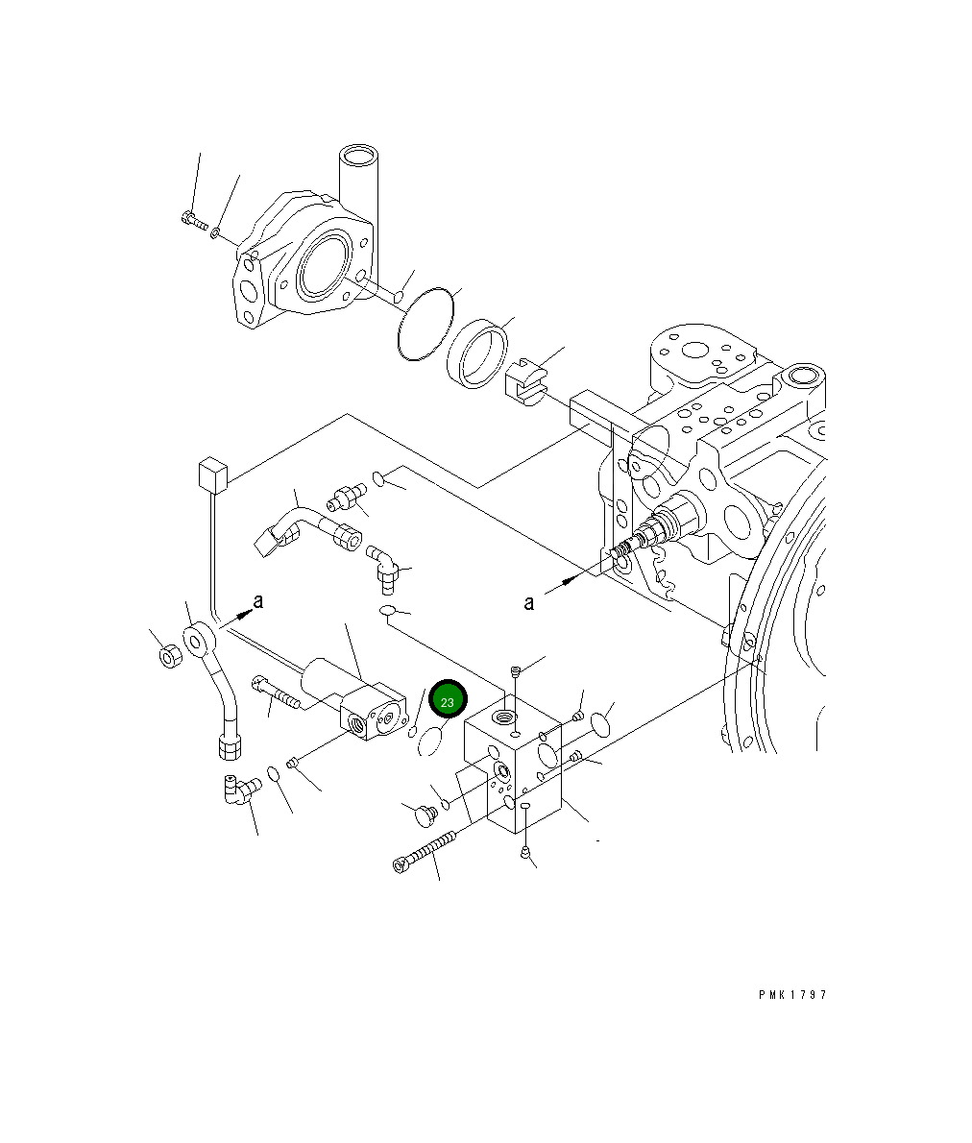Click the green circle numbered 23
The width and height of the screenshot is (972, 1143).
447,701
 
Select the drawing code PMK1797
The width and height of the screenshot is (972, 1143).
791,995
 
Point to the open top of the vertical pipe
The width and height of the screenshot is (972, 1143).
360,156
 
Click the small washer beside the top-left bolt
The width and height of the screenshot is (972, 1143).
219,231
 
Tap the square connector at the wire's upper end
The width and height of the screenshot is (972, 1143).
210,475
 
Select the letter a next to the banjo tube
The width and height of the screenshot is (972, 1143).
257,601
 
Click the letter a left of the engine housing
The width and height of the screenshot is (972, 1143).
529,603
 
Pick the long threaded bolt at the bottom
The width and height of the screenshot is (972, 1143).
424,853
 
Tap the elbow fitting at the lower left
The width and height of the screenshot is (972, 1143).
238,789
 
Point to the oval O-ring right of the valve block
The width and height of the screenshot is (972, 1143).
602,721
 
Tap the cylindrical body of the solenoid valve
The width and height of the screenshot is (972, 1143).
328,677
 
